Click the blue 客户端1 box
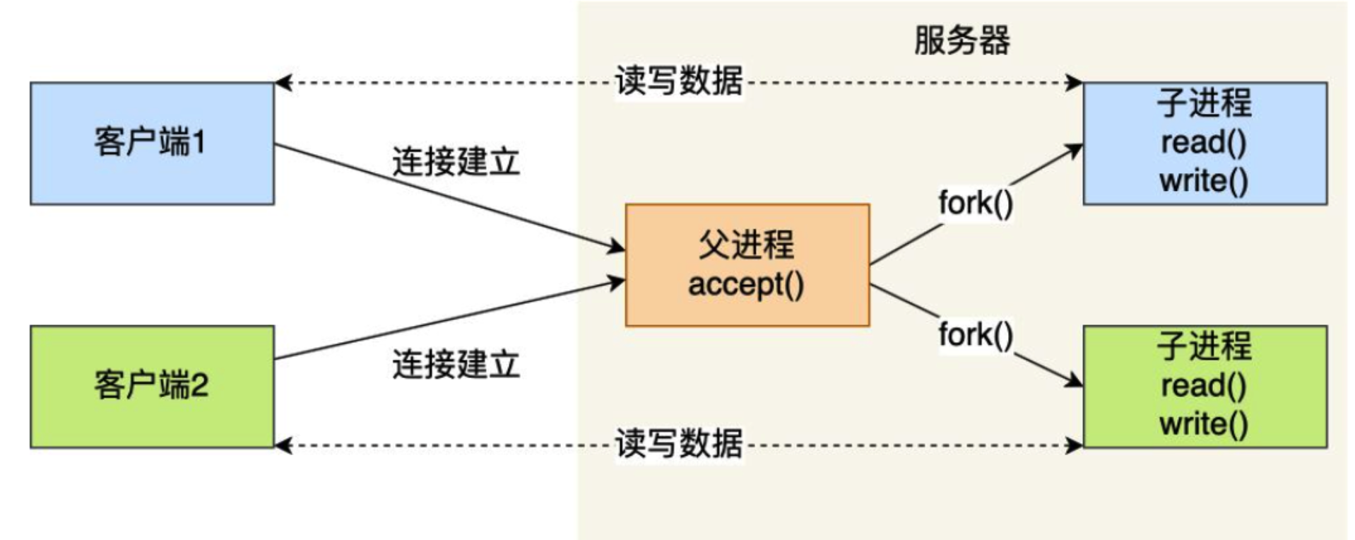pyautogui.click(x=152, y=143)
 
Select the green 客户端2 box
pyautogui.click(x=152, y=387)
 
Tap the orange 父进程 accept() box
pyautogui.click(x=747, y=265)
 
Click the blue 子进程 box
pyautogui.click(x=1205, y=143)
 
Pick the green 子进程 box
pyautogui.click(x=1205, y=387)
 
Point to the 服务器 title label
pyautogui.click(x=961, y=40)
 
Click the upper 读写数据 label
pyautogui.click(x=679, y=81)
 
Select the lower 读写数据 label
pyautogui.click(x=679, y=444)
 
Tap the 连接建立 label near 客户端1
pyautogui.click(x=456, y=163)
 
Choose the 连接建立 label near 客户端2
pyautogui.click(x=456, y=365)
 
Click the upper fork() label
pyautogui.click(x=976, y=204)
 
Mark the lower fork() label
pyautogui.click(x=976, y=334)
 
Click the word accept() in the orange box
pyautogui.click(x=746, y=285)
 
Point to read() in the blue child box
pyautogui.click(x=1204, y=143)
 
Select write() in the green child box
pyautogui.click(x=1204, y=424)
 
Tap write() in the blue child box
pyautogui.click(x=1204, y=181)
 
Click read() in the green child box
pyautogui.click(x=1204, y=386)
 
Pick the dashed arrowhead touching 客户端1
pyautogui.click(x=283, y=83)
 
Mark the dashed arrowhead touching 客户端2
pyautogui.click(x=283, y=445)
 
